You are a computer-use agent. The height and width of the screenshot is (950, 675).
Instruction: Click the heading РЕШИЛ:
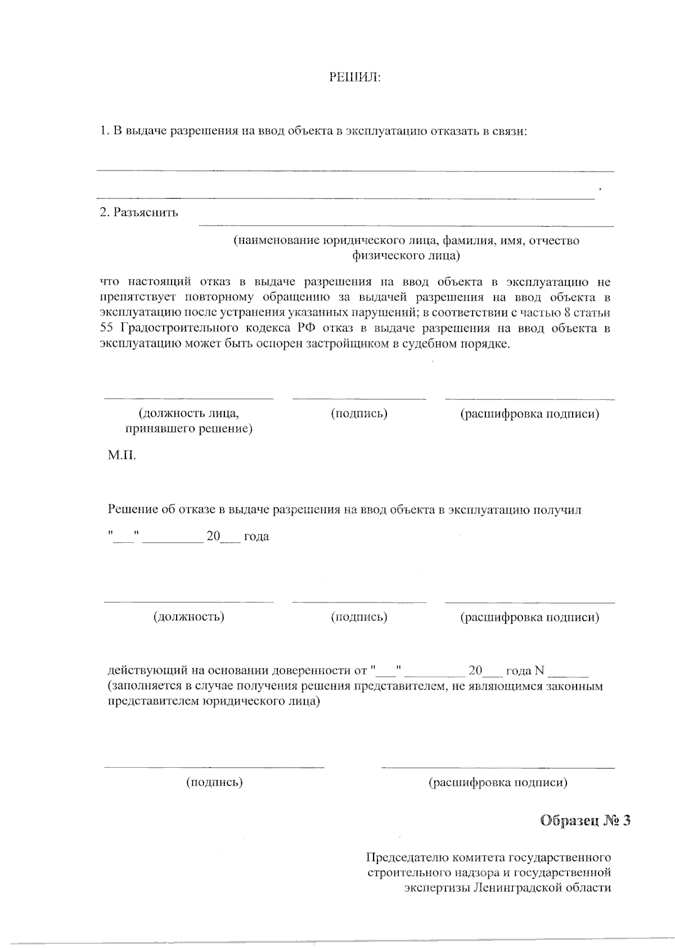coord(354,77)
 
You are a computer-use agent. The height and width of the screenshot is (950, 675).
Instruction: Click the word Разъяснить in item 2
coord(146,213)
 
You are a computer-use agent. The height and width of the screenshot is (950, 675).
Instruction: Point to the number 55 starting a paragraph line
coord(106,328)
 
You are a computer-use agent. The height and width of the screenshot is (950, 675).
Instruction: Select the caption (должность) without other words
coord(188,617)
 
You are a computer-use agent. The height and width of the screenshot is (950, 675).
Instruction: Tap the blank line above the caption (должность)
coord(188,602)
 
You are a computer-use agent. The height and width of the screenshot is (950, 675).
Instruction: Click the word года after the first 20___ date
coord(256,537)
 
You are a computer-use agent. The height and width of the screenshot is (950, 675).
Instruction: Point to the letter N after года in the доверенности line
coord(539,671)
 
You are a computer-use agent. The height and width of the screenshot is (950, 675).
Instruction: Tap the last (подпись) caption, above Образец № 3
coord(214,782)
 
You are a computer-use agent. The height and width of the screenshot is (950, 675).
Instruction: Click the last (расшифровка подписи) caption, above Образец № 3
coord(498,782)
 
